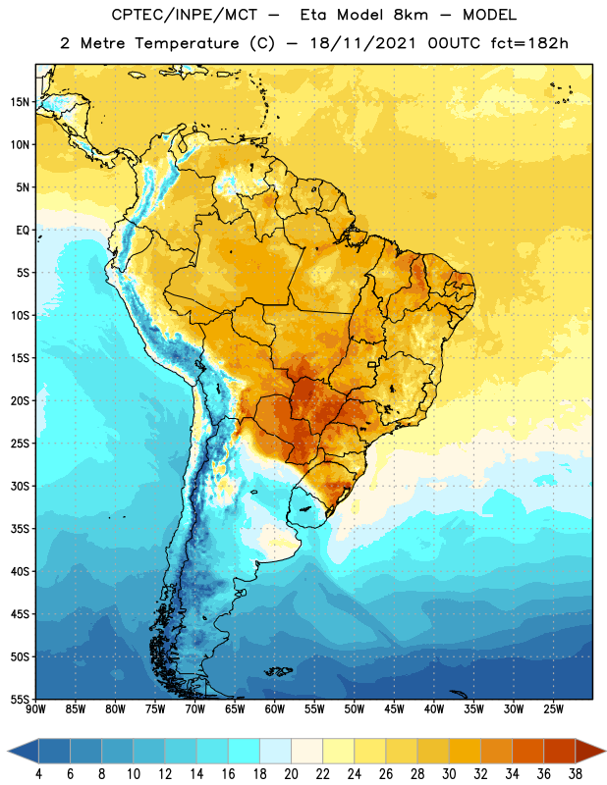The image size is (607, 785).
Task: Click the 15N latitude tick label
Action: (x=20, y=102)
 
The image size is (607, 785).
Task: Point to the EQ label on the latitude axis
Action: (x=23, y=231)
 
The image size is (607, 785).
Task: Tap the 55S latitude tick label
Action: (x=20, y=699)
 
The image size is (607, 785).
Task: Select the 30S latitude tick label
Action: (x=20, y=486)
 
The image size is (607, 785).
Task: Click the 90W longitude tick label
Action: (x=35, y=709)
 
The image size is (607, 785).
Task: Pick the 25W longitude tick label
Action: (x=553, y=709)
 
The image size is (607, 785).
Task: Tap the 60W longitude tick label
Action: (x=275, y=709)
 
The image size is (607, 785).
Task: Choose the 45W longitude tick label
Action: (x=394, y=709)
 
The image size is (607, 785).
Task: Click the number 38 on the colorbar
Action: (x=575, y=774)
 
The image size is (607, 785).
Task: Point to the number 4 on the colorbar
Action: (x=38, y=774)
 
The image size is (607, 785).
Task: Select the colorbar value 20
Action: (x=291, y=774)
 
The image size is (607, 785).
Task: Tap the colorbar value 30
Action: (x=449, y=774)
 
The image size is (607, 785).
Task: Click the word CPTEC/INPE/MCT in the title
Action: (x=185, y=15)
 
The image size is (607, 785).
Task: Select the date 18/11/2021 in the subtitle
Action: (x=363, y=43)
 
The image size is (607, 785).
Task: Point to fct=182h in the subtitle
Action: (x=529, y=43)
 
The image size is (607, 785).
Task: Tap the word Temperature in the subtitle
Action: (x=187, y=43)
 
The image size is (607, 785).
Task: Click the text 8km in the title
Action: (x=411, y=15)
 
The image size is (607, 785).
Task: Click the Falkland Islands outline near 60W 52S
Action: (x=278, y=671)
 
